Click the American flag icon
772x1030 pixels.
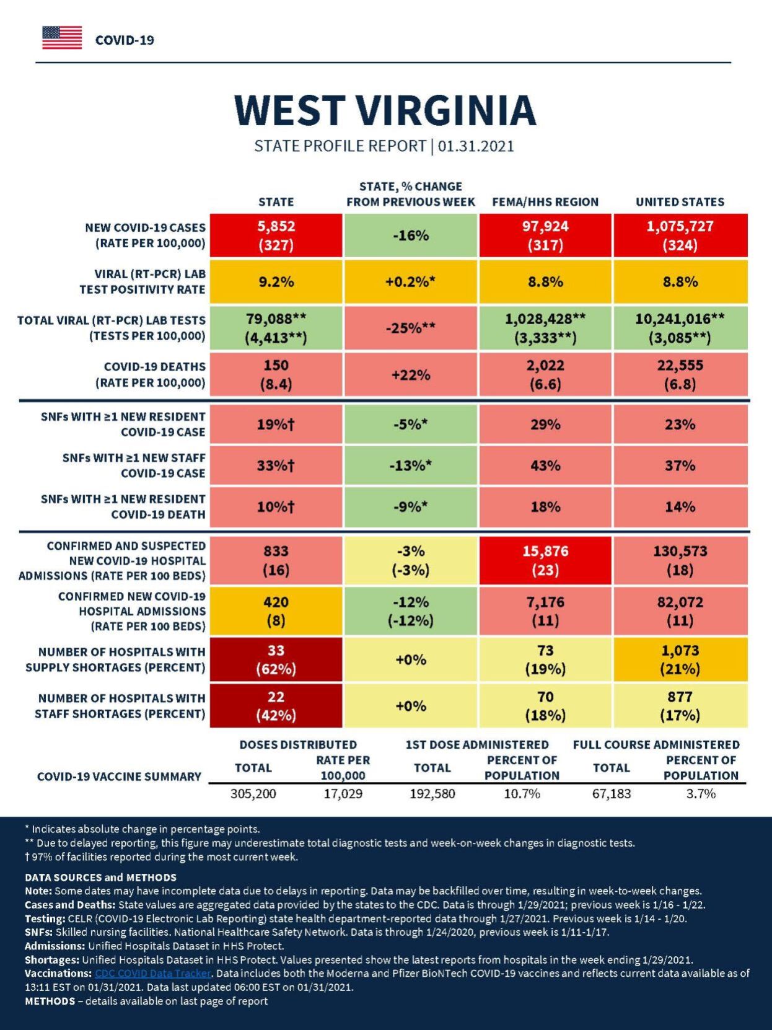tap(62, 38)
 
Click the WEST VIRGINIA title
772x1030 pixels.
tap(385, 110)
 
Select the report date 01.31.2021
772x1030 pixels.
tap(476, 146)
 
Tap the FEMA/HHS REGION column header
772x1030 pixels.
tap(545, 202)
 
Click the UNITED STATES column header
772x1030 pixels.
tap(680, 202)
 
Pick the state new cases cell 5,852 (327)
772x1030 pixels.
tap(276, 235)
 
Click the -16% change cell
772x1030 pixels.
tap(411, 235)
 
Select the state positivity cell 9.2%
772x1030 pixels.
tap(276, 282)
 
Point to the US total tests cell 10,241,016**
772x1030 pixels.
tap(680, 328)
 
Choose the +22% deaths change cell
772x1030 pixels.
tap(411, 374)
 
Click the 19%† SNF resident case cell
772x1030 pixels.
tap(276, 425)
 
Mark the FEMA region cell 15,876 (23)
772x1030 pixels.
tap(545, 560)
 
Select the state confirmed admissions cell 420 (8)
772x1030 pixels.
tap(276, 611)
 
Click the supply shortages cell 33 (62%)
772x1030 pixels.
tap(276, 659)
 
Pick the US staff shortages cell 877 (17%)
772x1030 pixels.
tap(680, 706)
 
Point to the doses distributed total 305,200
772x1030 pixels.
tap(253, 794)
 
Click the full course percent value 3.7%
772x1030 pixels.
tap(701, 794)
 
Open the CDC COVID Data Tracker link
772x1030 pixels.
tap(153, 973)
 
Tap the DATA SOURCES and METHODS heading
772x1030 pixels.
tap(100, 878)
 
